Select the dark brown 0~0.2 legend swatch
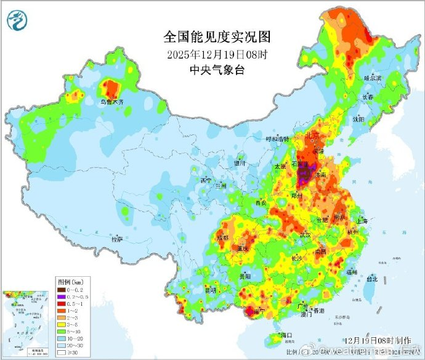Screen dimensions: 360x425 [62, 289]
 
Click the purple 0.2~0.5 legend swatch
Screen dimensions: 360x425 [62, 297]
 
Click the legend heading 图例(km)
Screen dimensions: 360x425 [70, 280]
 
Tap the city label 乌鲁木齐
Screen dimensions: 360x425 [113, 101]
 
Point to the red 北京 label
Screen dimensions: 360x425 [312, 135]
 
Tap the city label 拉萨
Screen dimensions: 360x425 [117, 239]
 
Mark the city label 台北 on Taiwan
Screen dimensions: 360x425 [371, 279]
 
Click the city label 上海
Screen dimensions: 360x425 [362, 221]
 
